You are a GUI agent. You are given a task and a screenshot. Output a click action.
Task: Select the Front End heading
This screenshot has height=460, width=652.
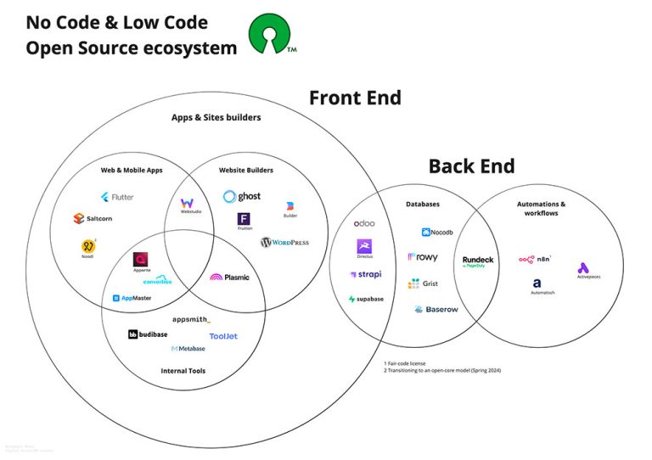click(x=355, y=98)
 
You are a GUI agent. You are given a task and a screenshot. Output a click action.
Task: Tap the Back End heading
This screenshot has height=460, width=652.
click(x=471, y=165)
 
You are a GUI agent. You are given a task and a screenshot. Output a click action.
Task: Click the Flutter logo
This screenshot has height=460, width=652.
click(x=116, y=197)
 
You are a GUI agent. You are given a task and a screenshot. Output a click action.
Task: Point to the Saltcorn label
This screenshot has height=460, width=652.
click(x=98, y=219)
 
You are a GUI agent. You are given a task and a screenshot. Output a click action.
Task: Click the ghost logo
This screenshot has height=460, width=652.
click(x=242, y=197)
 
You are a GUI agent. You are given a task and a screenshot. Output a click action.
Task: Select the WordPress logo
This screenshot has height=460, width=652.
click(x=284, y=243)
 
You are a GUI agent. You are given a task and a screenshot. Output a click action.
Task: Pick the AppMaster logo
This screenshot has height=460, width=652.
click(x=132, y=299)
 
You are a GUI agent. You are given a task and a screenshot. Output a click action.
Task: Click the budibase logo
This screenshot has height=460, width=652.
click(x=149, y=335)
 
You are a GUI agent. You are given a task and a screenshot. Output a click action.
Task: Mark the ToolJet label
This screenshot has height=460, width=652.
click(x=223, y=336)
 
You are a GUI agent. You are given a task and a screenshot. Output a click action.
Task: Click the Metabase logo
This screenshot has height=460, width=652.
click(x=188, y=349)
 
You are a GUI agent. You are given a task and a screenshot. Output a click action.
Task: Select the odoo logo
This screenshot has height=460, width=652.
click(x=364, y=223)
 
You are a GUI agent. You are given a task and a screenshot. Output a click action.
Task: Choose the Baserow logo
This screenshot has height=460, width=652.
click(x=436, y=310)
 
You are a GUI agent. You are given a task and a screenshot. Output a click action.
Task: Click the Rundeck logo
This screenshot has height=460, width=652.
click(x=478, y=261)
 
